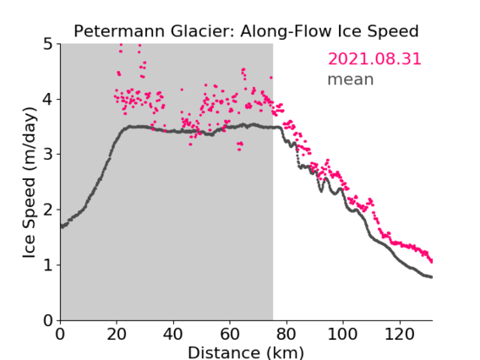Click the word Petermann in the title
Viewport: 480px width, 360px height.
click(x=120, y=31)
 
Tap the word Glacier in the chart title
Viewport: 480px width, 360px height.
click(x=203, y=31)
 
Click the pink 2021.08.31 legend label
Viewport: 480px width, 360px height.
click(x=374, y=59)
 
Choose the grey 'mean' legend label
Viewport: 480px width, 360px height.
click(x=351, y=79)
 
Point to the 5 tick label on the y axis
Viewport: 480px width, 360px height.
click(x=48, y=45)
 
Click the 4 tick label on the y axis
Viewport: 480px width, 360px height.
click(x=48, y=100)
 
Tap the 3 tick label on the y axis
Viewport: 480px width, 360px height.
click(x=48, y=155)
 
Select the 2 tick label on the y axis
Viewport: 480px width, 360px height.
click(x=48, y=210)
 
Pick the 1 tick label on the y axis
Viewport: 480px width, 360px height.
click(x=48, y=265)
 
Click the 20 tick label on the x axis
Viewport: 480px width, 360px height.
click(x=117, y=334)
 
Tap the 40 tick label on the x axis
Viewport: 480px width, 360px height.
click(x=173, y=334)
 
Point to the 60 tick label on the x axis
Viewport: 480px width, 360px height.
click(x=230, y=334)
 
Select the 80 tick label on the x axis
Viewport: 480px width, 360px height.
click(x=286, y=334)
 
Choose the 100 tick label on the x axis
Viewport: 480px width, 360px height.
click(x=342, y=334)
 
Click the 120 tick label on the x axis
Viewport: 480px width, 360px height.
click(x=399, y=334)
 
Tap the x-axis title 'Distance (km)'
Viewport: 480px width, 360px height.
click(x=246, y=352)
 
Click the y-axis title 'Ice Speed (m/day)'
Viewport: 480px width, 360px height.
click(x=30, y=183)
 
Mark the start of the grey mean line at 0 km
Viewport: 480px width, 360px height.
click(x=62, y=226)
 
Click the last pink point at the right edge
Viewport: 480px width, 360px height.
click(x=431, y=261)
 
